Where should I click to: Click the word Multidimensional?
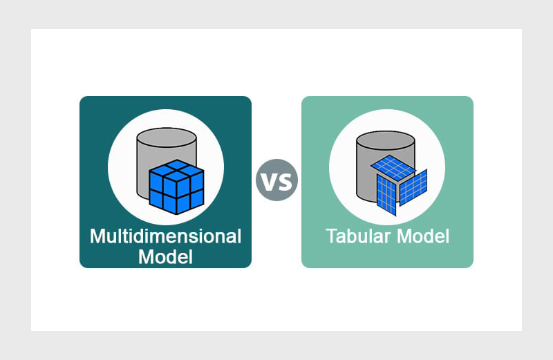[165, 236]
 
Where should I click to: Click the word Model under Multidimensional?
[165, 257]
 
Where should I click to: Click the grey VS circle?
[277, 180]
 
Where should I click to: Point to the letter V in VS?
[269, 181]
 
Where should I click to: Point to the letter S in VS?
[285, 181]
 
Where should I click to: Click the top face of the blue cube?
[176, 169]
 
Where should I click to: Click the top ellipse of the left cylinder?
[166, 135]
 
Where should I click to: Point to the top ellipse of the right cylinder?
[385, 134]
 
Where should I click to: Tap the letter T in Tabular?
[331, 236]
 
